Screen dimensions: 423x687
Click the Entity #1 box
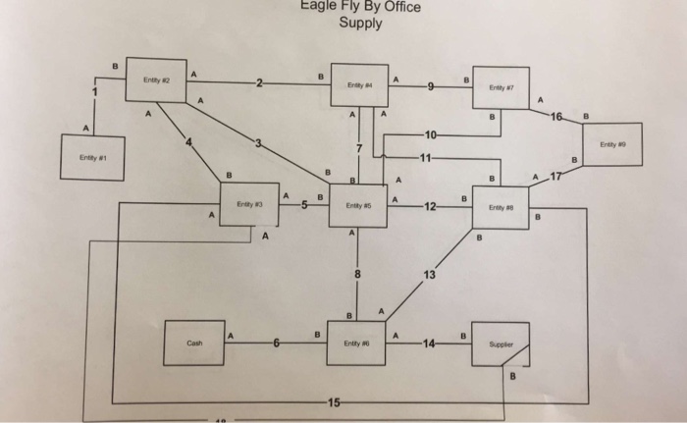[x=94, y=158]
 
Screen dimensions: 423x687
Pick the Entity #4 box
[x=357, y=85]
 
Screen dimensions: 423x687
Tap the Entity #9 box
[x=610, y=143]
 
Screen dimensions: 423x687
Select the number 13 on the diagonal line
[x=429, y=274]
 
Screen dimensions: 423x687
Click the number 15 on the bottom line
[x=336, y=402]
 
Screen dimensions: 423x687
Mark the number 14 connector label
[x=427, y=343]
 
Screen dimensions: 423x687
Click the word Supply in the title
[x=360, y=24]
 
